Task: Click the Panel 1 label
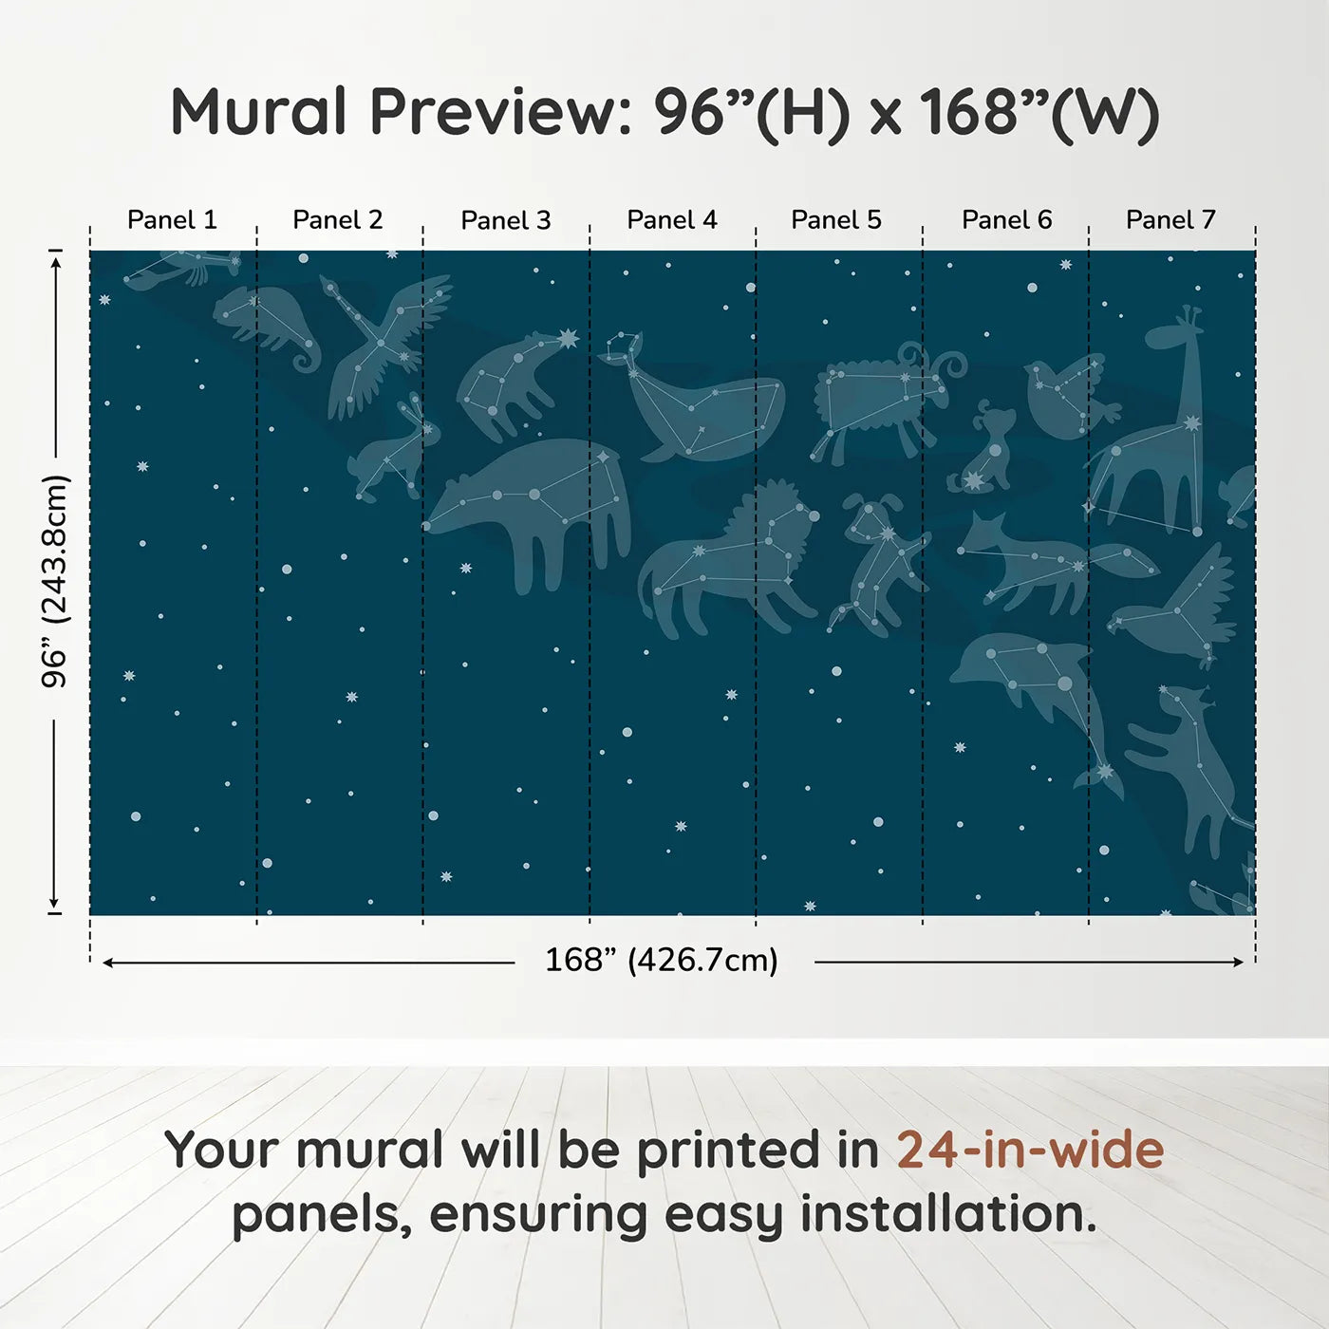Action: (172, 220)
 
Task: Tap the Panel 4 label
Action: (672, 220)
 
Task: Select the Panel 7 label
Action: (1170, 220)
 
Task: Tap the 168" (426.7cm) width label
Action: (662, 961)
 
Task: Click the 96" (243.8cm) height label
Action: (55, 581)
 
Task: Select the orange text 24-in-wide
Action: (1030, 1151)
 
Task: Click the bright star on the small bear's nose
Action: (569, 338)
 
